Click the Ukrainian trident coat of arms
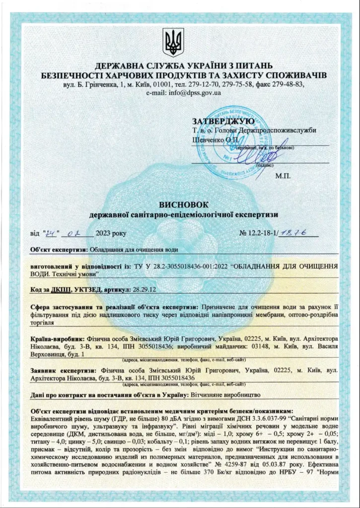tap(173, 42)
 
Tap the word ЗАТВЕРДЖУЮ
tap(223, 121)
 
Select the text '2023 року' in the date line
tap(111, 233)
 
